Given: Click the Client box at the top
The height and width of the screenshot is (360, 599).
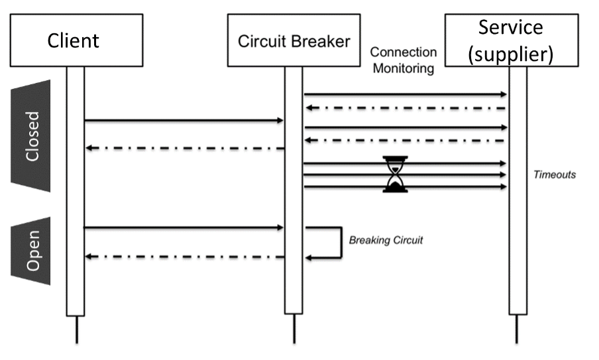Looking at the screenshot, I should coord(73,40).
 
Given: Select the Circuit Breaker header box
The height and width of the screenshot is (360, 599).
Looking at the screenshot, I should coord(294,41).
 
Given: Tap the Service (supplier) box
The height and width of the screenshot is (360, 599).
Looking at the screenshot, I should coord(510,40).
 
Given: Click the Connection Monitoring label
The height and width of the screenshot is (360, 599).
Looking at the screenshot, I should coord(403,60).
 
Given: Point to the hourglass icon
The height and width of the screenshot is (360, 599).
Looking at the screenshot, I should coord(396,174).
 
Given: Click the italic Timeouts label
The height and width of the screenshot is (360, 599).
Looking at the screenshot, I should coord(555,175).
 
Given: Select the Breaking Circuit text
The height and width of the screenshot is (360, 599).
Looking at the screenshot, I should coord(386,240).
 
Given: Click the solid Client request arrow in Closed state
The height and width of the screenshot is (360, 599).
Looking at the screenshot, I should coord(183,121).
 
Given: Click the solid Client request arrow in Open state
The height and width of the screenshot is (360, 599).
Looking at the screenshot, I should coord(183,228).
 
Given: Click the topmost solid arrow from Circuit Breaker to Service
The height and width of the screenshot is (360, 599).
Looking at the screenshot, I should coord(404,95).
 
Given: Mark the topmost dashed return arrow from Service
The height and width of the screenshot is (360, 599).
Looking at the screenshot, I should coord(404,107).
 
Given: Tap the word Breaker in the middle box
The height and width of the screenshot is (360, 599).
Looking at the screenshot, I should coord(322,41).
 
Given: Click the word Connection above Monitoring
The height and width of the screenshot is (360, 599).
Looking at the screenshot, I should coord(403,52).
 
